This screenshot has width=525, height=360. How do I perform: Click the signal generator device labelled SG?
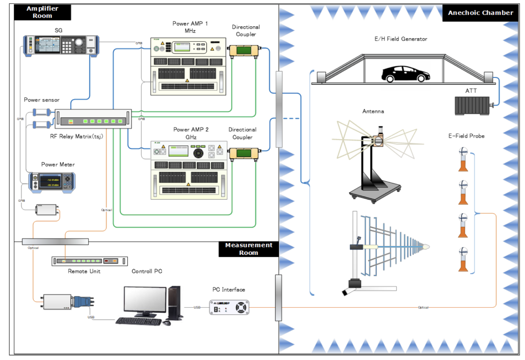[x=61, y=45]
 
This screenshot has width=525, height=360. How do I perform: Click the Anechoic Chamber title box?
[x=480, y=13]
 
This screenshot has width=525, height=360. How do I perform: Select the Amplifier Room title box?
[x=42, y=12]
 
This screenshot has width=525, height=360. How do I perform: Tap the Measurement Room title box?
[x=248, y=249]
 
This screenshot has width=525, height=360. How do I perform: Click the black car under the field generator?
[x=405, y=74]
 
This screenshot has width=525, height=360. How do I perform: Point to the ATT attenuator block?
[x=472, y=106]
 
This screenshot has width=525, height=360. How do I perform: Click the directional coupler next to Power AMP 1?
[x=244, y=51]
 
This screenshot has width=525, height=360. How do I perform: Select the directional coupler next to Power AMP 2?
[x=244, y=153]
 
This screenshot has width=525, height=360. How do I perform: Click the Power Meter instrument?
[x=52, y=182]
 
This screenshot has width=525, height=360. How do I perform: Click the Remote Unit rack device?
[x=90, y=261]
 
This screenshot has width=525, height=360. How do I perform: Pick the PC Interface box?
[x=229, y=307]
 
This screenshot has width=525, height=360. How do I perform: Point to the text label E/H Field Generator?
[x=401, y=39]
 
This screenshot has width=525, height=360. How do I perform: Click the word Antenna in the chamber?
[x=373, y=111]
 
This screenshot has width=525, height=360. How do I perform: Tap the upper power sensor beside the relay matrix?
[x=41, y=112]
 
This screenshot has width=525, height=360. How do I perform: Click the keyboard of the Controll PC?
[x=138, y=321]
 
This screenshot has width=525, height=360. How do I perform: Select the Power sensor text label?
[x=42, y=100]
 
